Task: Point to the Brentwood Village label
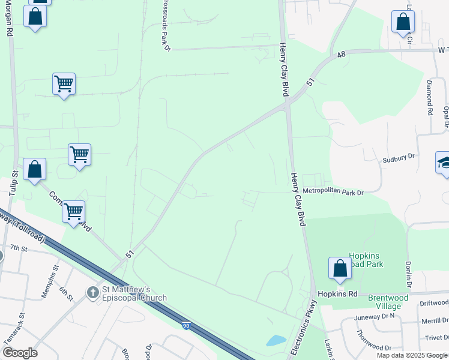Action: (x=388, y=302)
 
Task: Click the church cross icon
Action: (x=92, y=293)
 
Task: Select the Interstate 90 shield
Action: (x=187, y=325)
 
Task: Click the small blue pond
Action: (x=276, y=340)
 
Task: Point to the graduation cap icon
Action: (x=444, y=163)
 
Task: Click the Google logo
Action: (x=20, y=353)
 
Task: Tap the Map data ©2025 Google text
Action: (x=412, y=355)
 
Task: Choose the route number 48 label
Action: (x=342, y=55)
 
